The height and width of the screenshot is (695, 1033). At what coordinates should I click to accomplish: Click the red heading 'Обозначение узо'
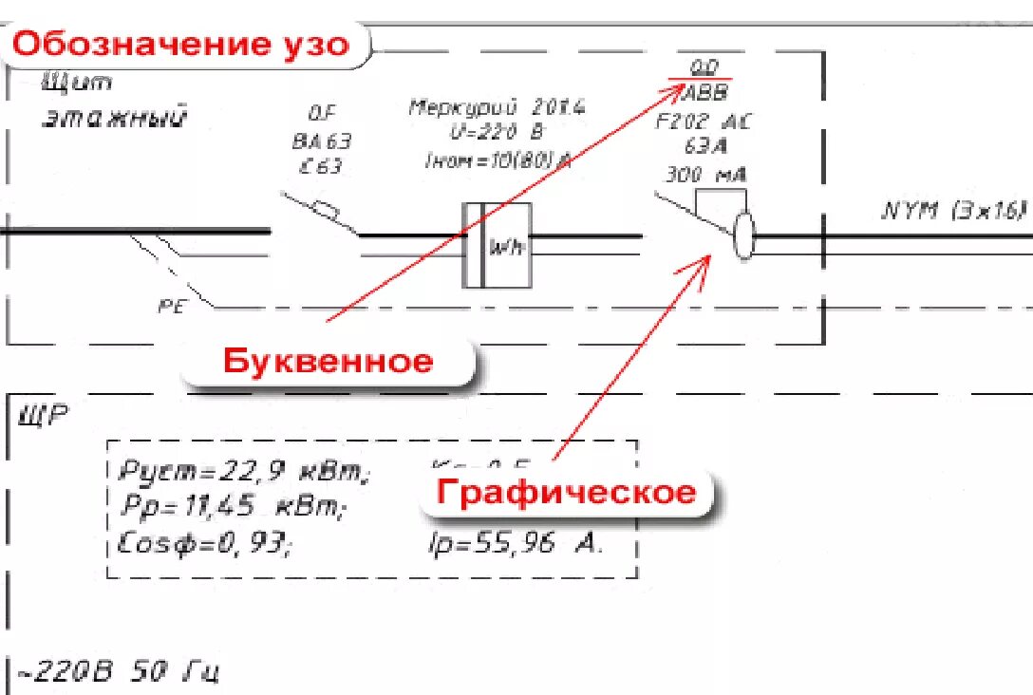pyautogui.click(x=180, y=44)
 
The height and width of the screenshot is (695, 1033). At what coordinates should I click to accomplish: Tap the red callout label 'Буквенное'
pyautogui.click(x=328, y=361)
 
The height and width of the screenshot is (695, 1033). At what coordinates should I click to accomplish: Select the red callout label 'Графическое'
pyautogui.click(x=566, y=492)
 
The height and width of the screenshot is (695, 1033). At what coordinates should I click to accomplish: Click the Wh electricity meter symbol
pyautogui.click(x=498, y=245)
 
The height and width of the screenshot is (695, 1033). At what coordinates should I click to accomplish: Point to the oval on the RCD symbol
pyautogui.click(x=743, y=236)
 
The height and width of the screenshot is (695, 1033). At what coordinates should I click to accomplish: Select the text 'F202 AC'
pyautogui.click(x=704, y=121)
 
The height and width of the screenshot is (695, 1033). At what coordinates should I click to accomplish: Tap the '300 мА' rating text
pyautogui.click(x=704, y=175)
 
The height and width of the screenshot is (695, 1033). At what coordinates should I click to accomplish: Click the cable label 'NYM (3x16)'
pyautogui.click(x=954, y=210)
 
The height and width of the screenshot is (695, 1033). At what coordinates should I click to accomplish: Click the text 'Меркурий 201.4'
pyautogui.click(x=497, y=107)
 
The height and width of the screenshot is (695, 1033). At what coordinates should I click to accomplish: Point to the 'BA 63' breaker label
pyautogui.click(x=321, y=141)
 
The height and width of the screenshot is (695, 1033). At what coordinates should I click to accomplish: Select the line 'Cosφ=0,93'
pyautogui.click(x=205, y=544)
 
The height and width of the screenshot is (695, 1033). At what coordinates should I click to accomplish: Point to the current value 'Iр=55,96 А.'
pyautogui.click(x=516, y=543)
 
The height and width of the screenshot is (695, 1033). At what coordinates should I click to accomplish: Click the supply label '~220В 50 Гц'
pyautogui.click(x=119, y=673)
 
